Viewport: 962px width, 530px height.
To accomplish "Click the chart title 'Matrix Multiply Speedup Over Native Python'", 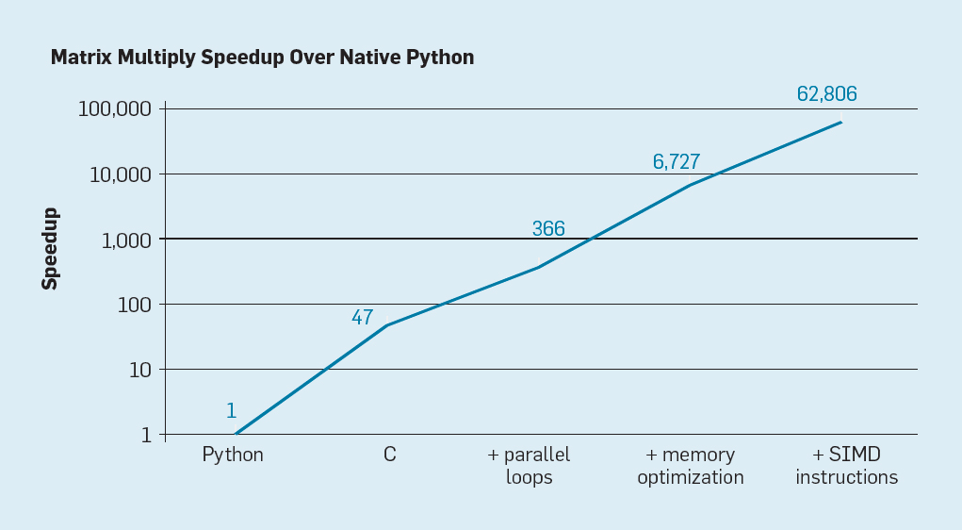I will [262, 58].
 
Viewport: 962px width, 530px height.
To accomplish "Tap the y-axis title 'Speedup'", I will [50, 248].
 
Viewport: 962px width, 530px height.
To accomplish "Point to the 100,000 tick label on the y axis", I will [114, 108].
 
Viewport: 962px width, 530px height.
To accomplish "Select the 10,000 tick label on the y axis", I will [119, 174].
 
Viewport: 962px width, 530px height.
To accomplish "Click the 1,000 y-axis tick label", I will [124, 240].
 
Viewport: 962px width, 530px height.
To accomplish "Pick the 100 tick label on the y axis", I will [134, 305].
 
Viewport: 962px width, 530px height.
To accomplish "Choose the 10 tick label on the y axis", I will [139, 370].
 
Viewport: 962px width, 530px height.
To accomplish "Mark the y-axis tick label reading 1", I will [145, 435].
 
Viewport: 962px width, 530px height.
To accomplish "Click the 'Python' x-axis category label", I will [233, 455].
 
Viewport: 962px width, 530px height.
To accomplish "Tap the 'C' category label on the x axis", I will [389, 455].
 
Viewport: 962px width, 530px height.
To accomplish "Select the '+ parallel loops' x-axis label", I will [529, 466].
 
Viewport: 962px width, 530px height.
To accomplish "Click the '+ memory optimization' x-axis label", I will [690, 466].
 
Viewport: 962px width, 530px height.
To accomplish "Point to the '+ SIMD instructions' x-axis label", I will [846, 466].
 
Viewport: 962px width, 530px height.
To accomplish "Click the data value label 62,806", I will [826, 94].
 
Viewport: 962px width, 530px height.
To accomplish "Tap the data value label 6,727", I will [676, 162].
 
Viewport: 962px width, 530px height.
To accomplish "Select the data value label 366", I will [548, 229].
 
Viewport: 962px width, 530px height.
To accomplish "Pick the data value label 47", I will [362, 318].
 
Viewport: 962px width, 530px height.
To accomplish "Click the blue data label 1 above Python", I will [231, 411].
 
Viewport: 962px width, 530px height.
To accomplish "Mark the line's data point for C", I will [388, 325].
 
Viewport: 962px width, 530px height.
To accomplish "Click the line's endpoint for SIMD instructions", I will [841, 122].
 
